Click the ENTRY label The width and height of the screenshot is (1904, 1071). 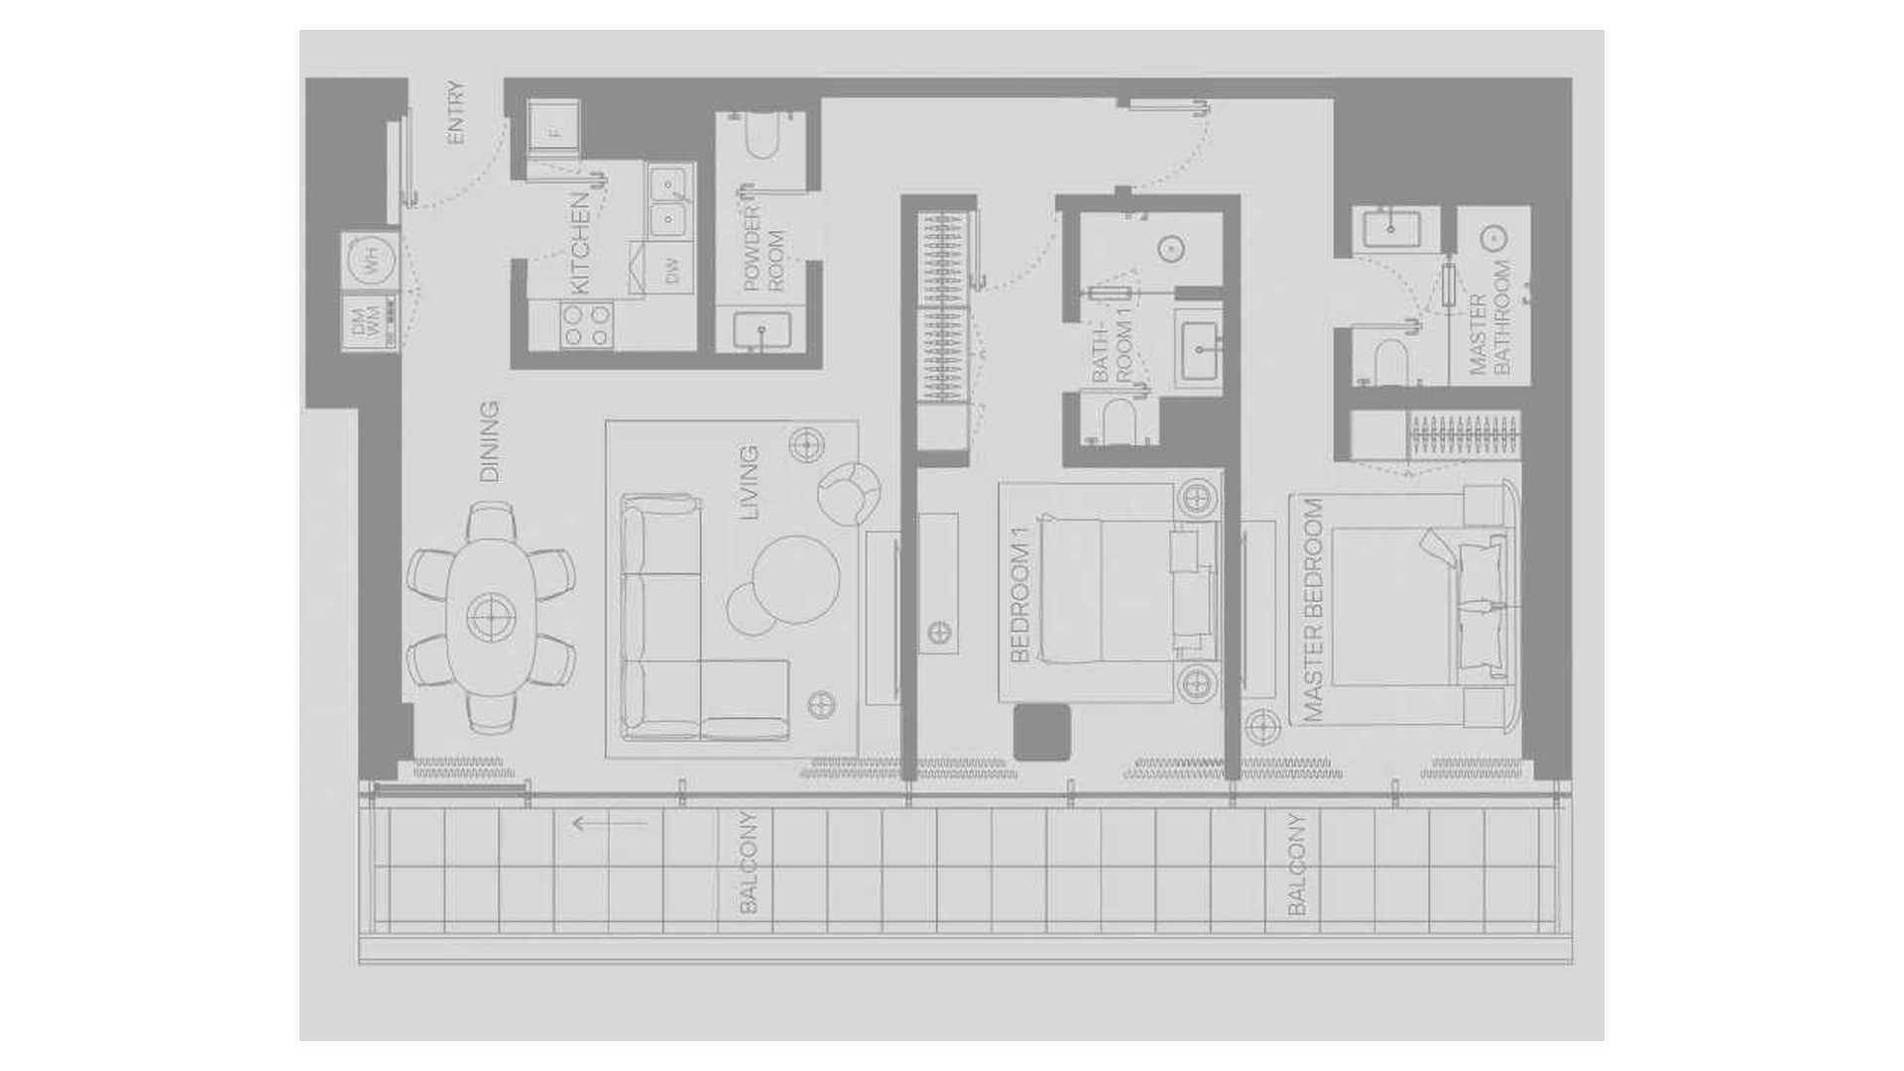[456, 113]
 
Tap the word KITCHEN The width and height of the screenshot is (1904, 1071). [580, 243]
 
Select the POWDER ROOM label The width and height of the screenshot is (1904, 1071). [764, 249]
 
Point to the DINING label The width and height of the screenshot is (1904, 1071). [489, 441]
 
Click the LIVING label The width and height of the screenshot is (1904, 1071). [750, 483]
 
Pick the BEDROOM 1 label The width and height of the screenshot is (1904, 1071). [1020, 595]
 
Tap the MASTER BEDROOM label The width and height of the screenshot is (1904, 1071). [1314, 610]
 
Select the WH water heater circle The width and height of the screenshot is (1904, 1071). [369, 261]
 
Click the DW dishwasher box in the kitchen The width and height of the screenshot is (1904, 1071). [672, 269]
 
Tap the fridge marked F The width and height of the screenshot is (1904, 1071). [553, 129]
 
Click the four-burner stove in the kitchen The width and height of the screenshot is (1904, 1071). [587, 325]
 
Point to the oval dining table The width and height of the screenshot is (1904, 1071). [490, 616]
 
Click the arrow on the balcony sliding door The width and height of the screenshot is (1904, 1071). [610, 823]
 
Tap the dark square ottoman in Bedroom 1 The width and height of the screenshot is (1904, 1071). [1042, 732]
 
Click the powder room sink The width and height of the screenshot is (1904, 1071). [763, 331]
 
